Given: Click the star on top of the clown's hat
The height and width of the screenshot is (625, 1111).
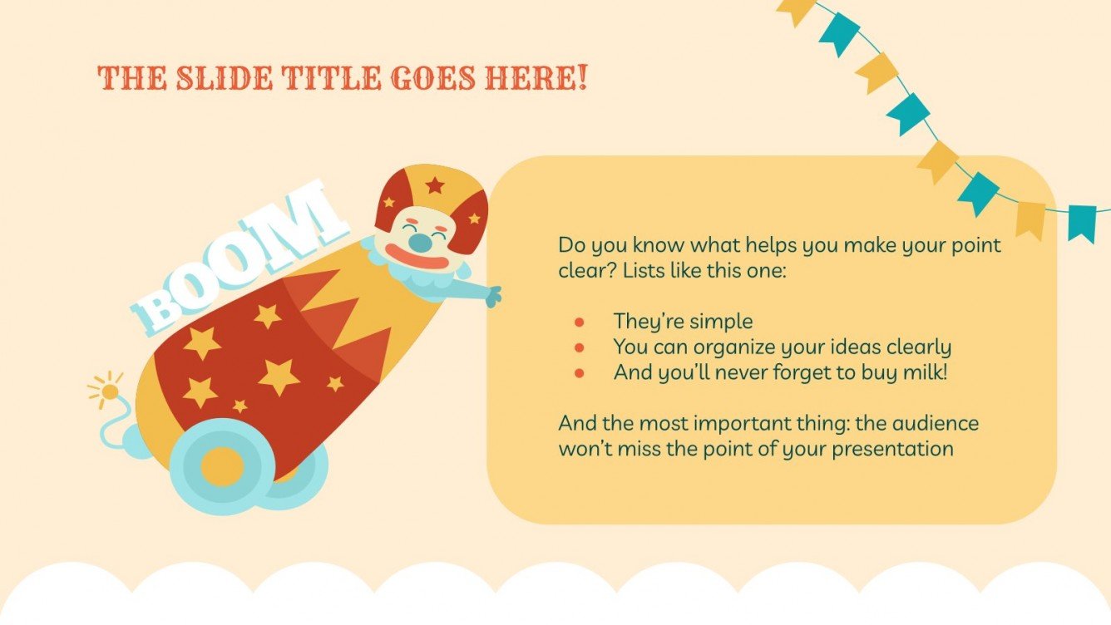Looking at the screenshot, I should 434,185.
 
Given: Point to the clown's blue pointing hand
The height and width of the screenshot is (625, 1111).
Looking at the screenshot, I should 492,296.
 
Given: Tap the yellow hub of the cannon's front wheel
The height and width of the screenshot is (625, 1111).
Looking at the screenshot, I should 222,466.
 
